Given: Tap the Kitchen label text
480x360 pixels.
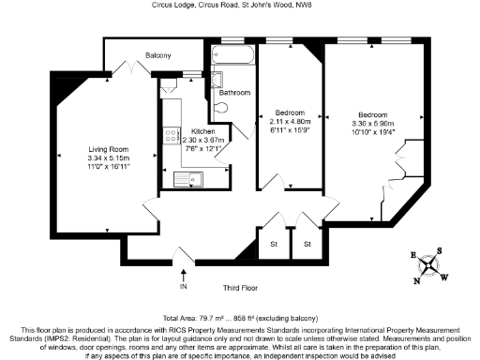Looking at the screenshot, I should [203, 131].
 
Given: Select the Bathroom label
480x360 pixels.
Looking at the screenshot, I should [234, 93].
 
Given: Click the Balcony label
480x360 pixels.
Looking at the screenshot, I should [158, 56].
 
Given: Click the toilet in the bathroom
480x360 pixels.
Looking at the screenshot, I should [222, 109].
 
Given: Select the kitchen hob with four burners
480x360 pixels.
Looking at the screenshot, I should [172, 135].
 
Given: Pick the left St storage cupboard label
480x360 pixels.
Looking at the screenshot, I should [275, 245].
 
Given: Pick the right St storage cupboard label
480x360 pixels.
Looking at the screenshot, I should [307, 245].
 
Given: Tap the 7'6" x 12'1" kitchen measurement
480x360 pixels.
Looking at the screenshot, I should [203, 148].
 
